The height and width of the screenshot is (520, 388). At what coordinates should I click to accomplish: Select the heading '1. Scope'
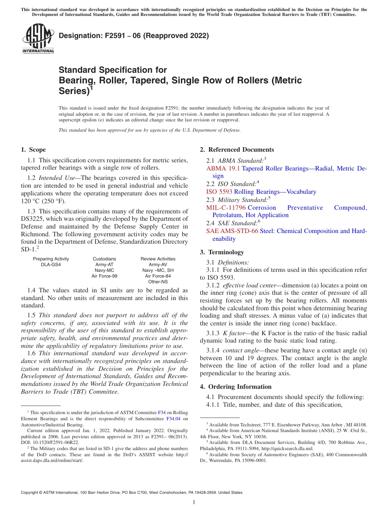pos(33,150)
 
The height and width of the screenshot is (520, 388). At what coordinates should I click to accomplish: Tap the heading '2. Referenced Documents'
pos(236,150)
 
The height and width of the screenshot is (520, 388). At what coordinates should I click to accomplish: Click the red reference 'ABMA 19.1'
pos(223,168)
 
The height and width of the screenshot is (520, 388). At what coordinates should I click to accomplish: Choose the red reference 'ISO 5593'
pos(219,192)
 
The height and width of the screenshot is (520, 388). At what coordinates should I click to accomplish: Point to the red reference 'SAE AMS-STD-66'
pos(232,231)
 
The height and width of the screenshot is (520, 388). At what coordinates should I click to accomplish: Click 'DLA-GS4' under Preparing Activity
pos(51,264)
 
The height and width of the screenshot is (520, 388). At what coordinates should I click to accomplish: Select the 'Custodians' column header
pos(104,259)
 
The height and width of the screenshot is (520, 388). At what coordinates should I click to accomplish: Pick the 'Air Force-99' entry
pos(104,276)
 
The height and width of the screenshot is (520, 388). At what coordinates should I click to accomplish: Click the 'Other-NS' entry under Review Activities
pos(158,282)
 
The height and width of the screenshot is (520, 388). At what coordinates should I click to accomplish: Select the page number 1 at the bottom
pos(194,502)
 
